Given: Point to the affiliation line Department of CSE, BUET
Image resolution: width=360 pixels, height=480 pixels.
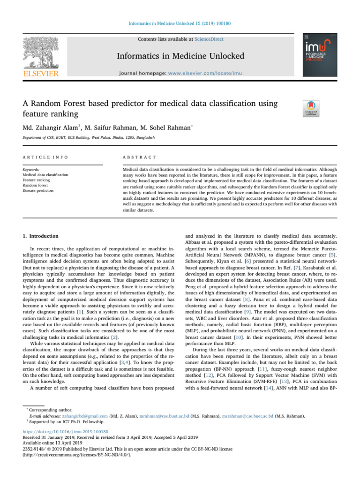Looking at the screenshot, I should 89,138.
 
